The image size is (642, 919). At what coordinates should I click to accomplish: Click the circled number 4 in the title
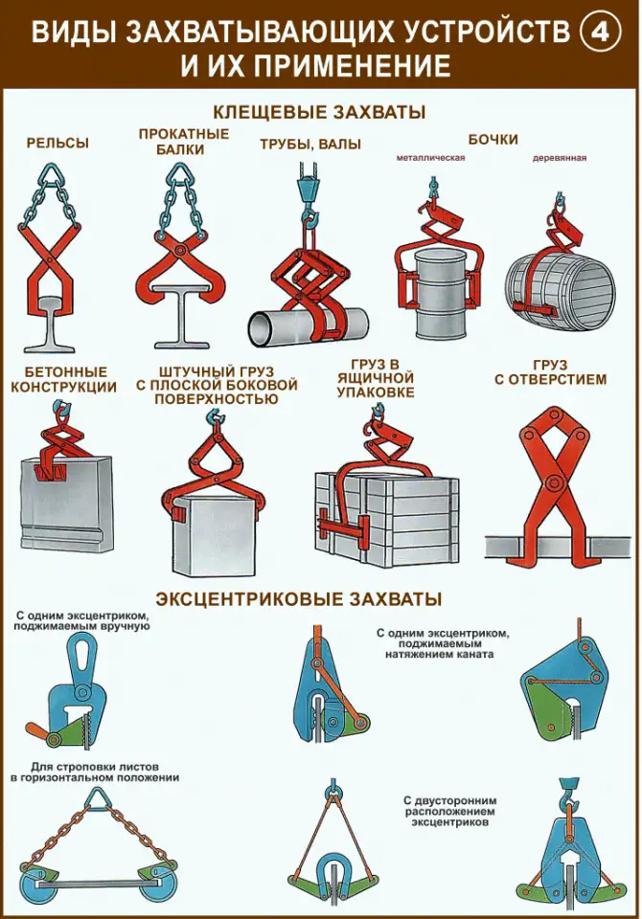(x=601, y=34)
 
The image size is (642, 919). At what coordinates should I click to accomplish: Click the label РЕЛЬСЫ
(x=57, y=143)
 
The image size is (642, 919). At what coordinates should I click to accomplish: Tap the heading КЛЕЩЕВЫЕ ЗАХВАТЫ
(x=319, y=111)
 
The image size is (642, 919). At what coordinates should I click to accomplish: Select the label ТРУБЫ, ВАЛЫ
(x=310, y=145)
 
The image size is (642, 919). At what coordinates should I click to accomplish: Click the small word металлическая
(x=431, y=158)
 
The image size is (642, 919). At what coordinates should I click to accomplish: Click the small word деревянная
(x=560, y=158)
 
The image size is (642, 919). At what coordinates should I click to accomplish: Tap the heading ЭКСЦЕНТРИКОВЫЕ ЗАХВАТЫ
(x=298, y=599)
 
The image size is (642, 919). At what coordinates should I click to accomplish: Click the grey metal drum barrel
(x=443, y=296)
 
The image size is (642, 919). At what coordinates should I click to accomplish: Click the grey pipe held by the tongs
(x=309, y=328)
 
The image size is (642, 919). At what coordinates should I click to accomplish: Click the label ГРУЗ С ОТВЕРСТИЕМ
(x=550, y=372)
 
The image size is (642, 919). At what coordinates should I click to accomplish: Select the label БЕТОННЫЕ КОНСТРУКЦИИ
(x=63, y=379)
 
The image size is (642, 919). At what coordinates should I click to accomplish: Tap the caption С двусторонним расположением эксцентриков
(x=442, y=811)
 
